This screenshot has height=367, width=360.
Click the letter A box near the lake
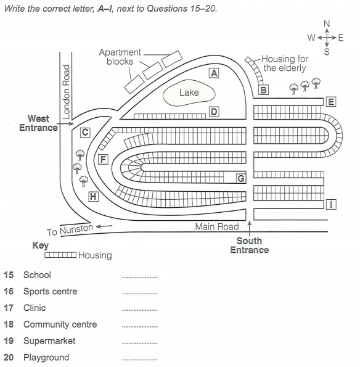click(214, 73)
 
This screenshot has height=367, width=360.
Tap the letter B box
click(263, 90)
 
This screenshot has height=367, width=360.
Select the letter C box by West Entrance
click(85, 133)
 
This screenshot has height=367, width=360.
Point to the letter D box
click(214, 112)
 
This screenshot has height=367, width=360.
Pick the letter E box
click(331, 102)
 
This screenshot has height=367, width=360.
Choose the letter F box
click(103, 160)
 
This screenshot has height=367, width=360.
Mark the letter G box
click(241, 178)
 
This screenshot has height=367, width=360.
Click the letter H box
click(93, 196)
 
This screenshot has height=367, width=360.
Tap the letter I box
click(331, 204)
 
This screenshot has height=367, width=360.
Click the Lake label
click(189, 93)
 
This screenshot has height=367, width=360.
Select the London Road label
click(66, 92)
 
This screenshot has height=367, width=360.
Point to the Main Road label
click(217, 226)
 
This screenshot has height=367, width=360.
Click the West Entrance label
click(38, 123)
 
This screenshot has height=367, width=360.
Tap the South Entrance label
click(250, 245)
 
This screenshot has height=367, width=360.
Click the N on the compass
click(327, 24)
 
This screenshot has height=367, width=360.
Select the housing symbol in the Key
click(60, 255)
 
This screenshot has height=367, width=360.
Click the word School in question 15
click(37, 275)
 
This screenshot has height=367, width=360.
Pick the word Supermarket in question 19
click(49, 341)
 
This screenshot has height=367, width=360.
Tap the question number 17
click(9, 308)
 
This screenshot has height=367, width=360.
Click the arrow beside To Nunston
click(104, 226)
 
